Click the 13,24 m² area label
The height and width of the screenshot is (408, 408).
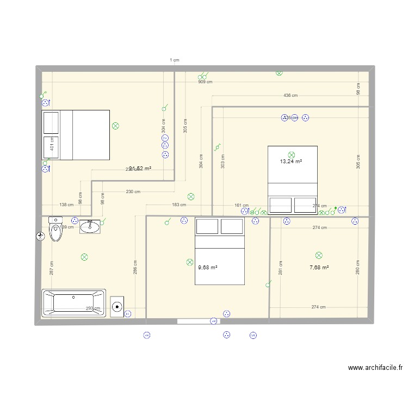coord(291,162)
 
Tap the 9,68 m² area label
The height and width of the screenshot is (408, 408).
coord(207,267)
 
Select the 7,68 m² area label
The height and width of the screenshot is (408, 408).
coord(319,267)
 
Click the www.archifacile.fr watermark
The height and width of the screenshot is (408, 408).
coord(375,368)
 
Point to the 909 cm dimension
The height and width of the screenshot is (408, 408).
coord(205,82)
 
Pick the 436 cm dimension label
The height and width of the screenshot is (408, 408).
coord(290,96)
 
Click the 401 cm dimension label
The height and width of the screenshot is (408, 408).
coord(52,144)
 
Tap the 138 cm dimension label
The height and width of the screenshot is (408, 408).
coord(66,205)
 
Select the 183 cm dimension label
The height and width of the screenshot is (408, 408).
coord(179,205)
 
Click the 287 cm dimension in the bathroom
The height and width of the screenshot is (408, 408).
coord(52,268)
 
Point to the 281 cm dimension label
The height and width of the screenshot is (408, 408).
coord(281,268)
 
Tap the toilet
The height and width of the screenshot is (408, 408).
coord(56,230)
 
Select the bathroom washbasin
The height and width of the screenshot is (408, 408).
coord(90,226)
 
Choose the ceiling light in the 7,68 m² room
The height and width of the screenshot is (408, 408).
coord(319,255)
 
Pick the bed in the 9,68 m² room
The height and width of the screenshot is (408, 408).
coord(220,251)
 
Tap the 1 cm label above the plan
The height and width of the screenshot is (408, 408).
coord(174,60)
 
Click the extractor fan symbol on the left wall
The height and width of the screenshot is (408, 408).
coord(40,236)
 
